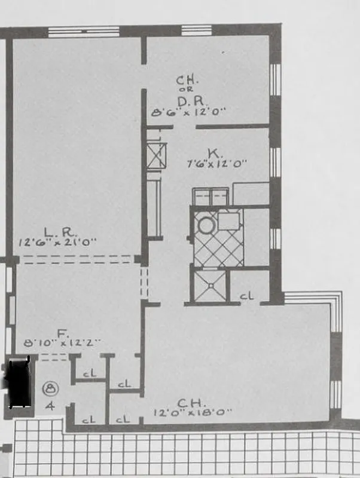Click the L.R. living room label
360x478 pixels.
[x=57, y=231]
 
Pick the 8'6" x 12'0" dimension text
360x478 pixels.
[x=190, y=111]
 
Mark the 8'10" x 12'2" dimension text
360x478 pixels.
[x=60, y=343]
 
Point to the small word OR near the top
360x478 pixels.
[x=185, y=90]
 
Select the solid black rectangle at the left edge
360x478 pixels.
[x=17, y=382]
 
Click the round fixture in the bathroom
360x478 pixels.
[x=206, y=225]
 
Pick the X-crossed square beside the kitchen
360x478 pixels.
[x=157, y=155]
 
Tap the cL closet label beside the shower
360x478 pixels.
[x=246, y=295]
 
